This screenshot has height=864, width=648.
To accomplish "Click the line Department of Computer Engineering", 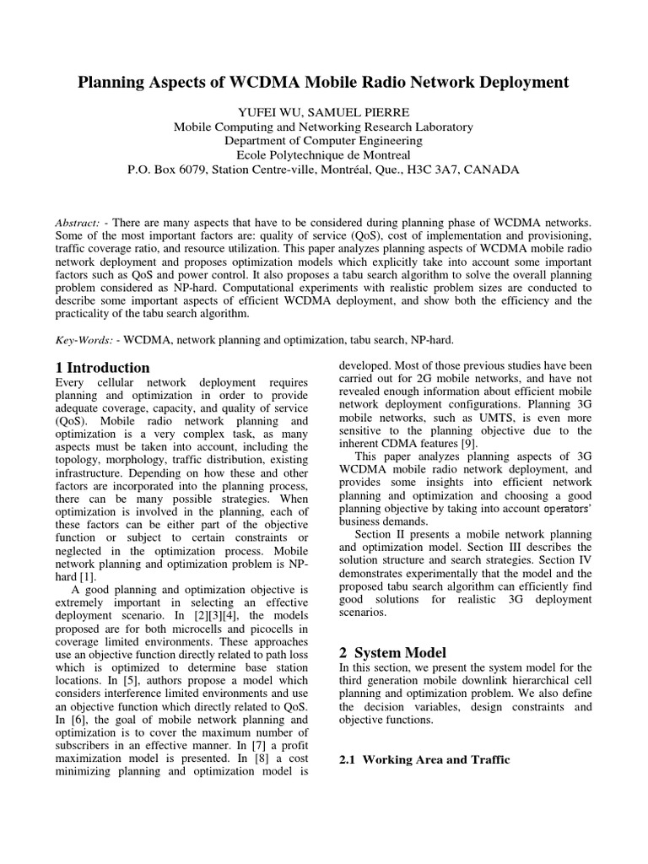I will point(323,141).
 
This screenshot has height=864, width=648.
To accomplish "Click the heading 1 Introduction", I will point(102,368).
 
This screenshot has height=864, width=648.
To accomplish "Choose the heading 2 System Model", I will point(392,652).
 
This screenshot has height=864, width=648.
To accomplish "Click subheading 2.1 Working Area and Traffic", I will point(424,759).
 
